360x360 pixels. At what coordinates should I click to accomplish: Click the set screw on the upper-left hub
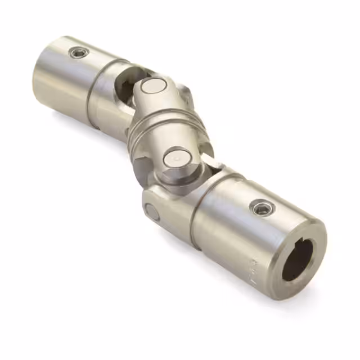click(x=79, y=53)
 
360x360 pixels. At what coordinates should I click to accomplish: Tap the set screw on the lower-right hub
click(x=261, y=208)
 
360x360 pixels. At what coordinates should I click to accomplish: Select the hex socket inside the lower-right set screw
click(x=261, y=208)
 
